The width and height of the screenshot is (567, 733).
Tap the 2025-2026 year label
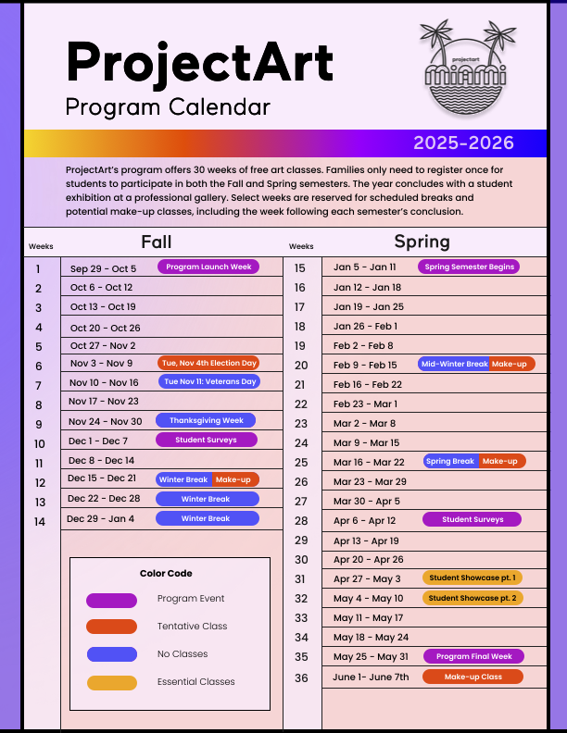click(x=463, y=143)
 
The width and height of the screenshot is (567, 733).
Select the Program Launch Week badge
click(x=208, y=267)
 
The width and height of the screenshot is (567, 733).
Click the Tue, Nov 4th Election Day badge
click(x=208, y=363)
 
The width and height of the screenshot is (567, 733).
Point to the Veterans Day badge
click(x=209, y=381)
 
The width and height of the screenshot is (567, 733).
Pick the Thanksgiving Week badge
click(x=206, y=420)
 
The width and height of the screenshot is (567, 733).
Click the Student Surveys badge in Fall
click(x=206, y=440)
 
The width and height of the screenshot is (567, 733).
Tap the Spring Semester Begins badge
click(x=469, y=267)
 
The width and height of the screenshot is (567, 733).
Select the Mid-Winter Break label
click(x=454, y=364)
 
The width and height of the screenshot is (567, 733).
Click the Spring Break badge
click(x=450, y=461)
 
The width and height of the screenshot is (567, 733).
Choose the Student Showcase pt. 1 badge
click(x=472, y=578)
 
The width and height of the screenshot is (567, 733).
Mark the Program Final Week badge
click(x=473, y=656)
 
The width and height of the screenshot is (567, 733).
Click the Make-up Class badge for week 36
click(x=472, y=677)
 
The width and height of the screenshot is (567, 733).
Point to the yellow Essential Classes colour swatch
click(x=111, y=682)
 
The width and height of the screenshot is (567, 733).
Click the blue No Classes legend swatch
click(x=111, y=654)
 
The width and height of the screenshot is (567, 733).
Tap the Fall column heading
click(x=157, y=242)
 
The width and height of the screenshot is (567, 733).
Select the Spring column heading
click(x=422, y=242)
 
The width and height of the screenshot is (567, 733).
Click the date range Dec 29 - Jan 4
click(x=101, y=519)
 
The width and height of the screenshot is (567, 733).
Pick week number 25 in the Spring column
click(x=301, y=463)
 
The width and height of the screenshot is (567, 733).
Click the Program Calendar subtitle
click(x=168, y=106)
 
